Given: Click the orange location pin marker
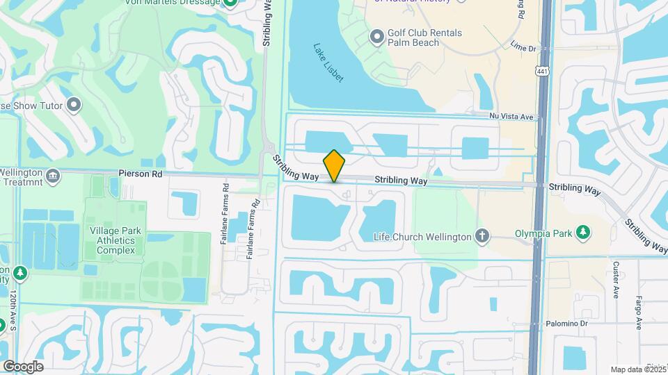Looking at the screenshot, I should tap(335, 166).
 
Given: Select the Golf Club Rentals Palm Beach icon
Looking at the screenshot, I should tap(377, 36).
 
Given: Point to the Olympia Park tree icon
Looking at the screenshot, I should tap(584, 232).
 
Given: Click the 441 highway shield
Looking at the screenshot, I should tap(541, 72).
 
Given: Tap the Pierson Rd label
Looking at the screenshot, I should tap(140, 173).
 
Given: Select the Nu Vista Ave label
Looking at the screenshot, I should tap(511, 117).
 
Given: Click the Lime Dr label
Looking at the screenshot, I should tap(523, 49).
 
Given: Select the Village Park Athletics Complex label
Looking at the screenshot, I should tap(116, 240).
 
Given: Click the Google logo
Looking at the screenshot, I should tap(23, 367).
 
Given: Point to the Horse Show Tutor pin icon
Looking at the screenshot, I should tap(74, 106).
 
